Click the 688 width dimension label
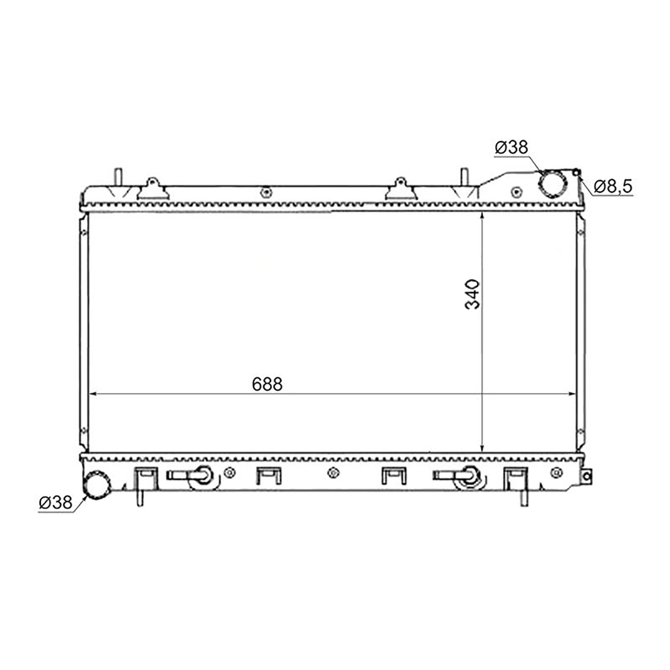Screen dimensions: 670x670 click(267, 384)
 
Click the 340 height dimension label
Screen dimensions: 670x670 click(472, 294)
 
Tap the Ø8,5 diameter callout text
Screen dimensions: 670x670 click(613, 186)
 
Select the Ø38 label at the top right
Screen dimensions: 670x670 click(511, 147)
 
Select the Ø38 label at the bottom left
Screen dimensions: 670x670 click(56, 502)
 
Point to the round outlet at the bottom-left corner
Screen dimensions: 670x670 click(97, 485)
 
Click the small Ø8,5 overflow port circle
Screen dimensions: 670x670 click(576, 172)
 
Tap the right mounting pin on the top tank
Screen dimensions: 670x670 click(464, 177)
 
